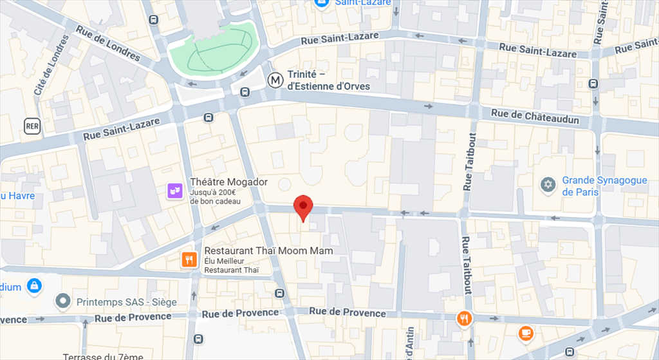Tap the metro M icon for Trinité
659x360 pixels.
[275, 81]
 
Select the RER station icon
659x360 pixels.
[32, 126]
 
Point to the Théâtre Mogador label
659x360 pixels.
[228, 182]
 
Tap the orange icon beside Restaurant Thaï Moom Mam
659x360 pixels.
[189, 260]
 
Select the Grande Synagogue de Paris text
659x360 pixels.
[604, 186]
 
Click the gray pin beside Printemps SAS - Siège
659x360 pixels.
[62, 301]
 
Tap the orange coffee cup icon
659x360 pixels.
[526, 333]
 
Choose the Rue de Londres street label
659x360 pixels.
[107, 43]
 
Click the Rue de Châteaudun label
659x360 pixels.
[535, 117]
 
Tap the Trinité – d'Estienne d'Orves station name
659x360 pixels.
[328, 81]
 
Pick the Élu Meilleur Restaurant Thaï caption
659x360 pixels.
[231, 265]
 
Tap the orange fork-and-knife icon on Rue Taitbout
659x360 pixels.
[464, 318]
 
